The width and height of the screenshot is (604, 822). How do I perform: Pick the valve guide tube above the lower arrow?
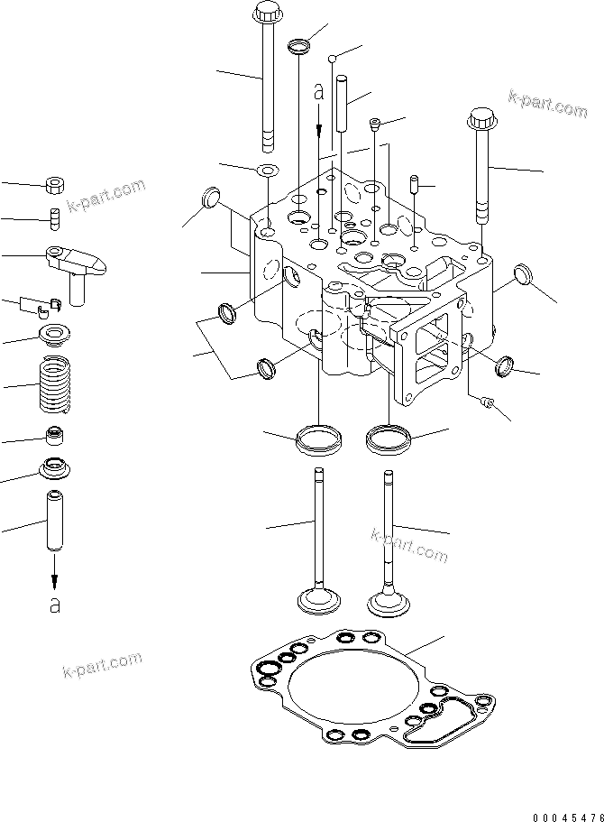pyautogui.click(x=54, y=522)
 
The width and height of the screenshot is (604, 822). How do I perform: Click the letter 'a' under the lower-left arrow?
pyautogui.click(x=55, y=605)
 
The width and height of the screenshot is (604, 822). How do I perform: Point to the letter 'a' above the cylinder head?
pyautogui.click(x=317, y=92)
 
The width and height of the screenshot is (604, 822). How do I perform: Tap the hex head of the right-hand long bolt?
pyautogui.click(x=482, y=120)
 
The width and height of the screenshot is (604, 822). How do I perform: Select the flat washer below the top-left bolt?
pyautogui.click(x=267, y=171)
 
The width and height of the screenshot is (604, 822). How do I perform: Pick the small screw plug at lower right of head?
pyautogui.click(x=490, y=402)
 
